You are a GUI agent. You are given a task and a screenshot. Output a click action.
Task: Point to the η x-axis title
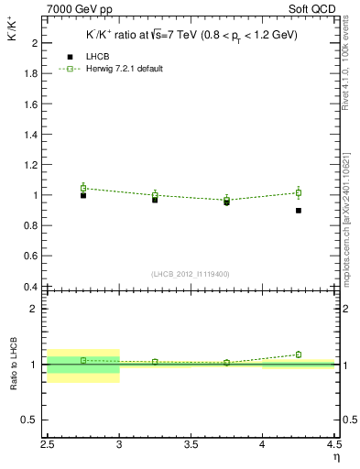pos(335,457)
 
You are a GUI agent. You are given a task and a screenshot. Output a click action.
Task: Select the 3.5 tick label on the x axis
pos(191,446)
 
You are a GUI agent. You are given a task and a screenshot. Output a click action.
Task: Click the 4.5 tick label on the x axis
pos(333,446)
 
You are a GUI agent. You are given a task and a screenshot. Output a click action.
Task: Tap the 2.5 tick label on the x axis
pos(48,446)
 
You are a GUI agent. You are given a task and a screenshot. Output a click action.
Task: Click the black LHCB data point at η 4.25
pos(299,211)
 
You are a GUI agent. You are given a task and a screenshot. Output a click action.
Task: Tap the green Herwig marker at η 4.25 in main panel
pos(299,192)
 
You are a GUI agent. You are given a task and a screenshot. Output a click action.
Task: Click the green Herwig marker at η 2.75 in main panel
pos(83,188)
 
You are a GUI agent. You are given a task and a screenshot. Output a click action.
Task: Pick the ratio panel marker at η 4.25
pos(299,354)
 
